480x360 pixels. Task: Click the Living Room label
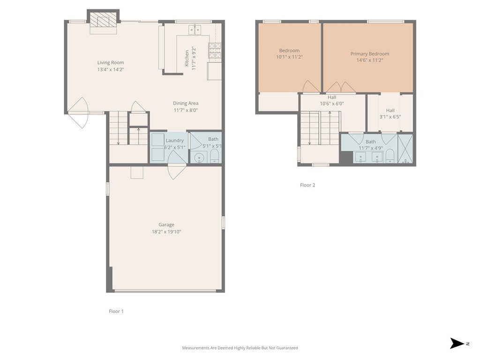111,62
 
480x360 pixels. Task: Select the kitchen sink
195,30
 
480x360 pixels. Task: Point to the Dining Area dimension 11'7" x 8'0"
186,110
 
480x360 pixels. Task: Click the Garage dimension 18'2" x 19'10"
166,231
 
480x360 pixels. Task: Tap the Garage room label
166,225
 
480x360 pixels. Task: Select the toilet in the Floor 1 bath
215,156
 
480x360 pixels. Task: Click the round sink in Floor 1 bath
199,157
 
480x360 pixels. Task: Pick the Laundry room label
174,140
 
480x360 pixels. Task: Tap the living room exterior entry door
78,113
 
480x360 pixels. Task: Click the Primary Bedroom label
369,54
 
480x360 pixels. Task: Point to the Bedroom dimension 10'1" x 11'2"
289,57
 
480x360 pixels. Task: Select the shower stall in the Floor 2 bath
405,149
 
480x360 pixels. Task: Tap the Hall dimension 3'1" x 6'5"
390,117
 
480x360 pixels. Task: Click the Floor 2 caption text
307,185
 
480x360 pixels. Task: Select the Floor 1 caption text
116,311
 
